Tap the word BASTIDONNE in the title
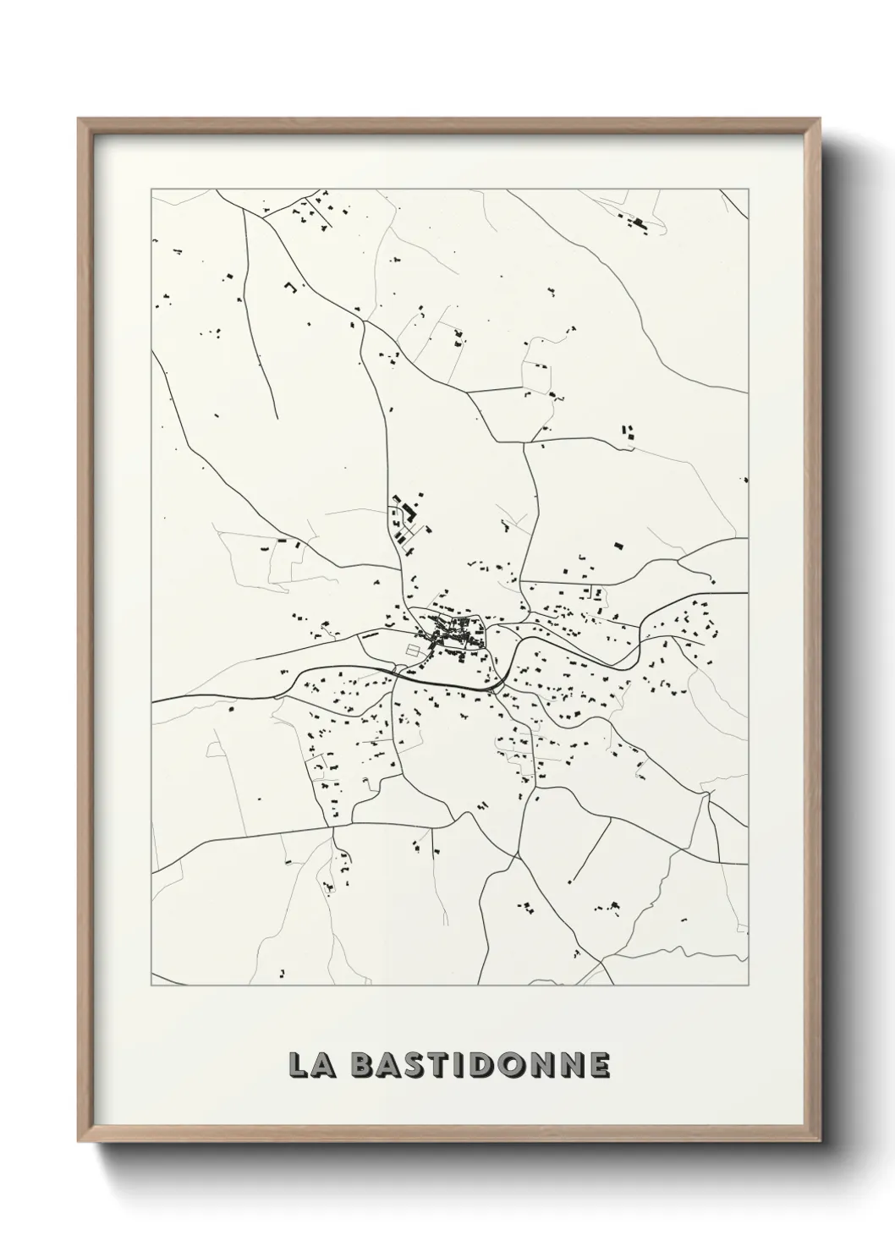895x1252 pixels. pyautogui.click(x=479, y=1065)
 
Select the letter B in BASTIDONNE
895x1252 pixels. pyautogui.click(x=363, y=1065)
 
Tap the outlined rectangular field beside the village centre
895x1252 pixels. pyautogui.click(x=413, y=650)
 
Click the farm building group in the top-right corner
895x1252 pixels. pyautogui.click(x=636, y=223)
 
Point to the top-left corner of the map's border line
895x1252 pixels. pyautogui.click(x=152, y=189)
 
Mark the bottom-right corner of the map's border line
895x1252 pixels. pyautogui.click(x=749, y=986)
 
